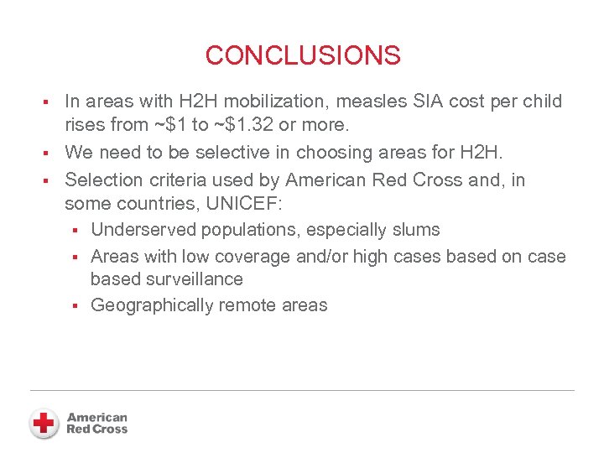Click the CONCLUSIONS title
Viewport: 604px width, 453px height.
(303, 55)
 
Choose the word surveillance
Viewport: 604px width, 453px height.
(194, 279)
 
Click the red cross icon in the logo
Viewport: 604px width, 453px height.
(44, 423)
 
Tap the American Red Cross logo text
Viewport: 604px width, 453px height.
(97, 423)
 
